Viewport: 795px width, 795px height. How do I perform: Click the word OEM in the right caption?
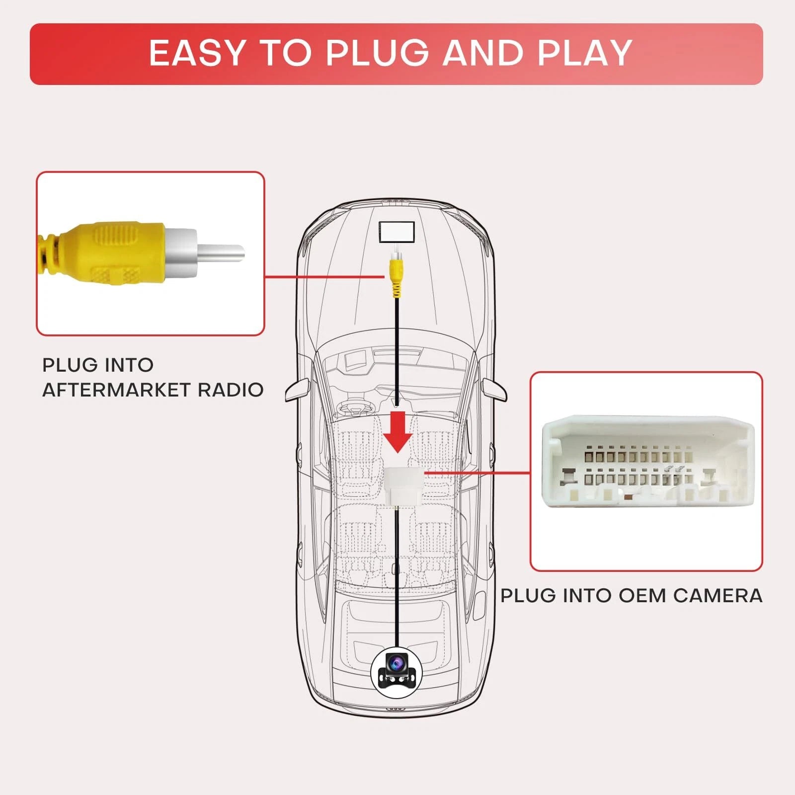tap(641, 595)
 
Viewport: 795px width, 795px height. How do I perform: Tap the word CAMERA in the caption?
tap(718, 595)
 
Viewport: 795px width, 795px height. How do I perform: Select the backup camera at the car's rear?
tap(396, 671)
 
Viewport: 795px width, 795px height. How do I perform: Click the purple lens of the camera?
tap(396, 662)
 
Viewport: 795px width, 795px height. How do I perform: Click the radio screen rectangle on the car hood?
tap(397, 232)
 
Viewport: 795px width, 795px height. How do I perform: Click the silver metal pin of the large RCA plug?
tap(221, 253)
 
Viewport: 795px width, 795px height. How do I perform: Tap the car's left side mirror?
tap(298, 390)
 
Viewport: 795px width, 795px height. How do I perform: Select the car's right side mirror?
tap(494, 390)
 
